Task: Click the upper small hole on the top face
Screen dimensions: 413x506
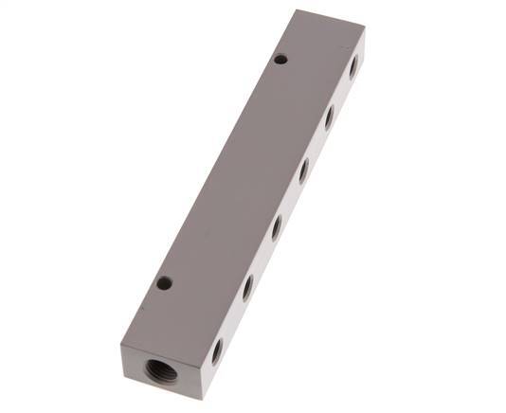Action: coord(280,60)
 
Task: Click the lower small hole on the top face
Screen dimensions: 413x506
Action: coord(164,282)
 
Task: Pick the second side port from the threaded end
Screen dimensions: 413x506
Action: coord(247,287)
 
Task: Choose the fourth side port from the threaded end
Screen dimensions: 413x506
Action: coord(303,171)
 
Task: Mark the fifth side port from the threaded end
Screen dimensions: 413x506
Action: coord(329,117)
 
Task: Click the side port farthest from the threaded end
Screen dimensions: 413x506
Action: coord(353,66)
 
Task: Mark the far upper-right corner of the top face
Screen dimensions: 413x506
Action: coord(366,34)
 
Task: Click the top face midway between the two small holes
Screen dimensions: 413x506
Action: coord(223,171)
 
